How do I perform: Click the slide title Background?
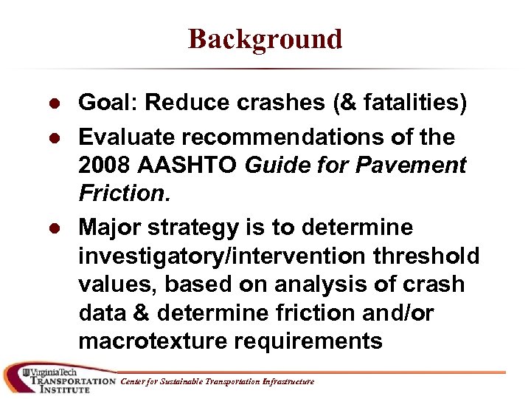(265, 38)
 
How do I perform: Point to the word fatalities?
(406, 103)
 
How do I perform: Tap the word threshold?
(434, 256)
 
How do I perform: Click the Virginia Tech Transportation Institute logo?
(59, 379)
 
